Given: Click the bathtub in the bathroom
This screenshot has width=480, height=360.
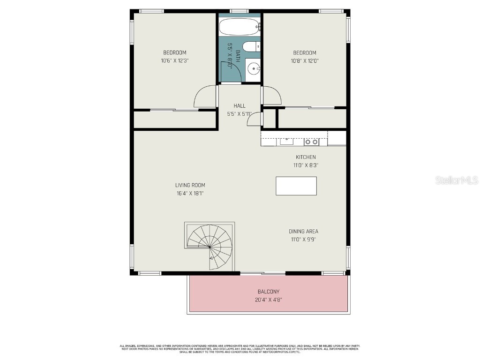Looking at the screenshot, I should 240,27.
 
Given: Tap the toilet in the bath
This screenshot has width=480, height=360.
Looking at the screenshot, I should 252,46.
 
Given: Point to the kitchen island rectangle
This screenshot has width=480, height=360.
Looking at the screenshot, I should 296,186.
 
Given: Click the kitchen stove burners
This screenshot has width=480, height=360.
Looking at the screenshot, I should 311,141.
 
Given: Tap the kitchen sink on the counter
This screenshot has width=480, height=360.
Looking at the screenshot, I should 286,141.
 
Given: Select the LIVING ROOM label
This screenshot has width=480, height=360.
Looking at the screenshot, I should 190,185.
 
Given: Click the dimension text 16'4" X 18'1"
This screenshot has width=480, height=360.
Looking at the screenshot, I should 190,193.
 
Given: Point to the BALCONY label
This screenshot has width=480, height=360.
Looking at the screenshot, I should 269,292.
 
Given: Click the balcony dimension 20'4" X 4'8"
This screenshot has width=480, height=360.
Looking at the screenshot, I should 269,300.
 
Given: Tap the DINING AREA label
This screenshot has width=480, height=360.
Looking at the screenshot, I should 303,231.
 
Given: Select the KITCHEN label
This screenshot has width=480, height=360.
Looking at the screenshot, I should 305,157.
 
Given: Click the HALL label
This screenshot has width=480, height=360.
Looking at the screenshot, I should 240,105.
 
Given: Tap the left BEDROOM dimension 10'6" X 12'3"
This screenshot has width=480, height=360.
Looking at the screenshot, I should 174,60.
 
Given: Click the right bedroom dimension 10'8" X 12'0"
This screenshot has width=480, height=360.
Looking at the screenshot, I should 305,60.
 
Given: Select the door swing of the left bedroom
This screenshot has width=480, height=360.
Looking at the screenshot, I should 205,97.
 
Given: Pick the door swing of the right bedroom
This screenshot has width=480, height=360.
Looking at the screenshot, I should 272,96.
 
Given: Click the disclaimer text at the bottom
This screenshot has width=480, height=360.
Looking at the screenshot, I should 240,349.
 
